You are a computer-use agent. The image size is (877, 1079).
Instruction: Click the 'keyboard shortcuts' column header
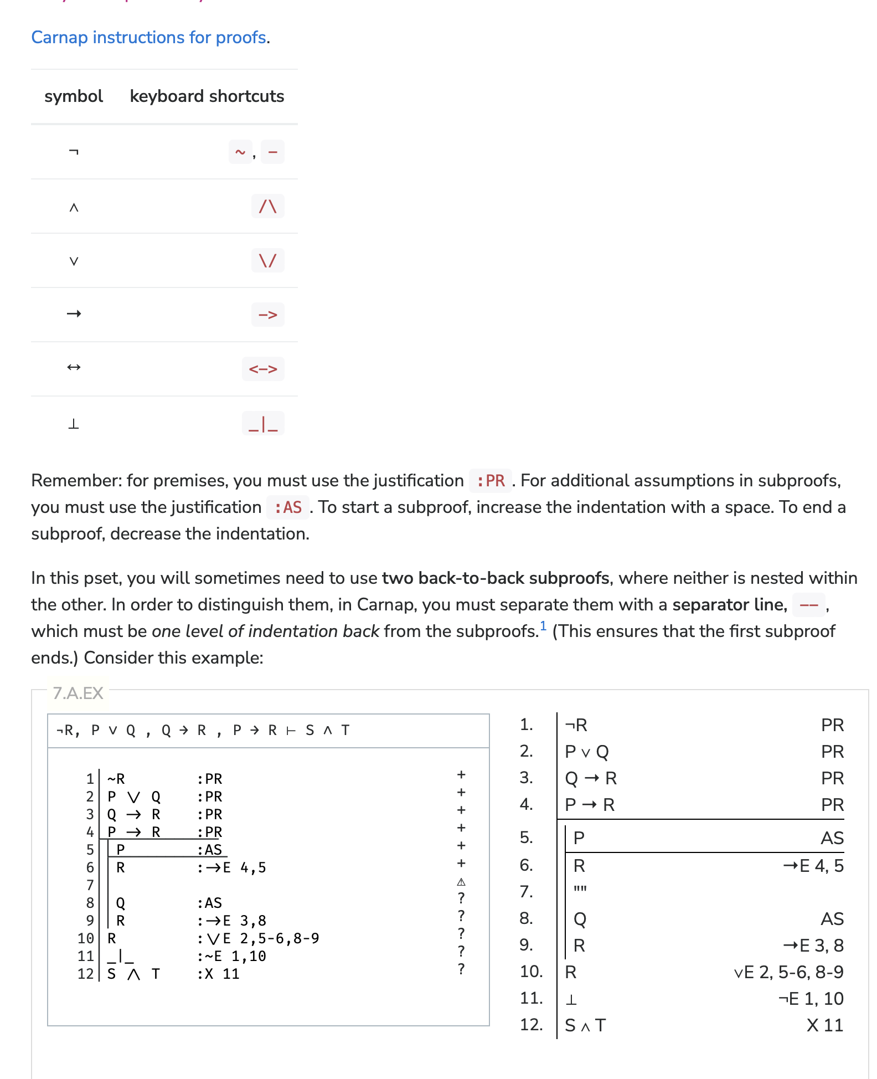(207, 96)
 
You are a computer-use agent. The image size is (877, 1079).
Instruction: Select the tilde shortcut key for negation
(240, 152)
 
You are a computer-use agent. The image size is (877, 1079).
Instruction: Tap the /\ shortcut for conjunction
(267, 206)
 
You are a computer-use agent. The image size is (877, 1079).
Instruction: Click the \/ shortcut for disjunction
(267, 260)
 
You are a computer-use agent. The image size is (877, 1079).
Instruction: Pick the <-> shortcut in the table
(262, 369)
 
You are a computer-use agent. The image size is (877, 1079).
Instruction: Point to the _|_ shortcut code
(262, 424)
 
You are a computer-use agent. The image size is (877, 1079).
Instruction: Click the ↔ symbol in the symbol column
(74, 368)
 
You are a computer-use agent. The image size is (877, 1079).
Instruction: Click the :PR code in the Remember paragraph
(490, 481)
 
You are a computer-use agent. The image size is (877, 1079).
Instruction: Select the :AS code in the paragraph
(288, 507)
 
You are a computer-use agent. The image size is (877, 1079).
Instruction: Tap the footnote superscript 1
(543, 626)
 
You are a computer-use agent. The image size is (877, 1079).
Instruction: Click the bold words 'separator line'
(729, 605)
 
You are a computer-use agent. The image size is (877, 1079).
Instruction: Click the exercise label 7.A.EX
(78, 693)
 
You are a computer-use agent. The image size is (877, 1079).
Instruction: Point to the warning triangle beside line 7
(461, 882)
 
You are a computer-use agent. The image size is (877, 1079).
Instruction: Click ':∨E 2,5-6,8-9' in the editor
(258, 938)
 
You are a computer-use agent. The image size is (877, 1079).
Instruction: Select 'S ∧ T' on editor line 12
(133, 974)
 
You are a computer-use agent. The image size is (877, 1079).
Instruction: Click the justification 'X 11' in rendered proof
(824, 1025)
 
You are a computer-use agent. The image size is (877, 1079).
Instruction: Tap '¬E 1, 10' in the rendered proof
(811, 999)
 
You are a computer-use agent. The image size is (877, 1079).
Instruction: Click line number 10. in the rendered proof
(531, 972)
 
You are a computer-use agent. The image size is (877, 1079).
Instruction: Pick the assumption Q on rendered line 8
(580, 919)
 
